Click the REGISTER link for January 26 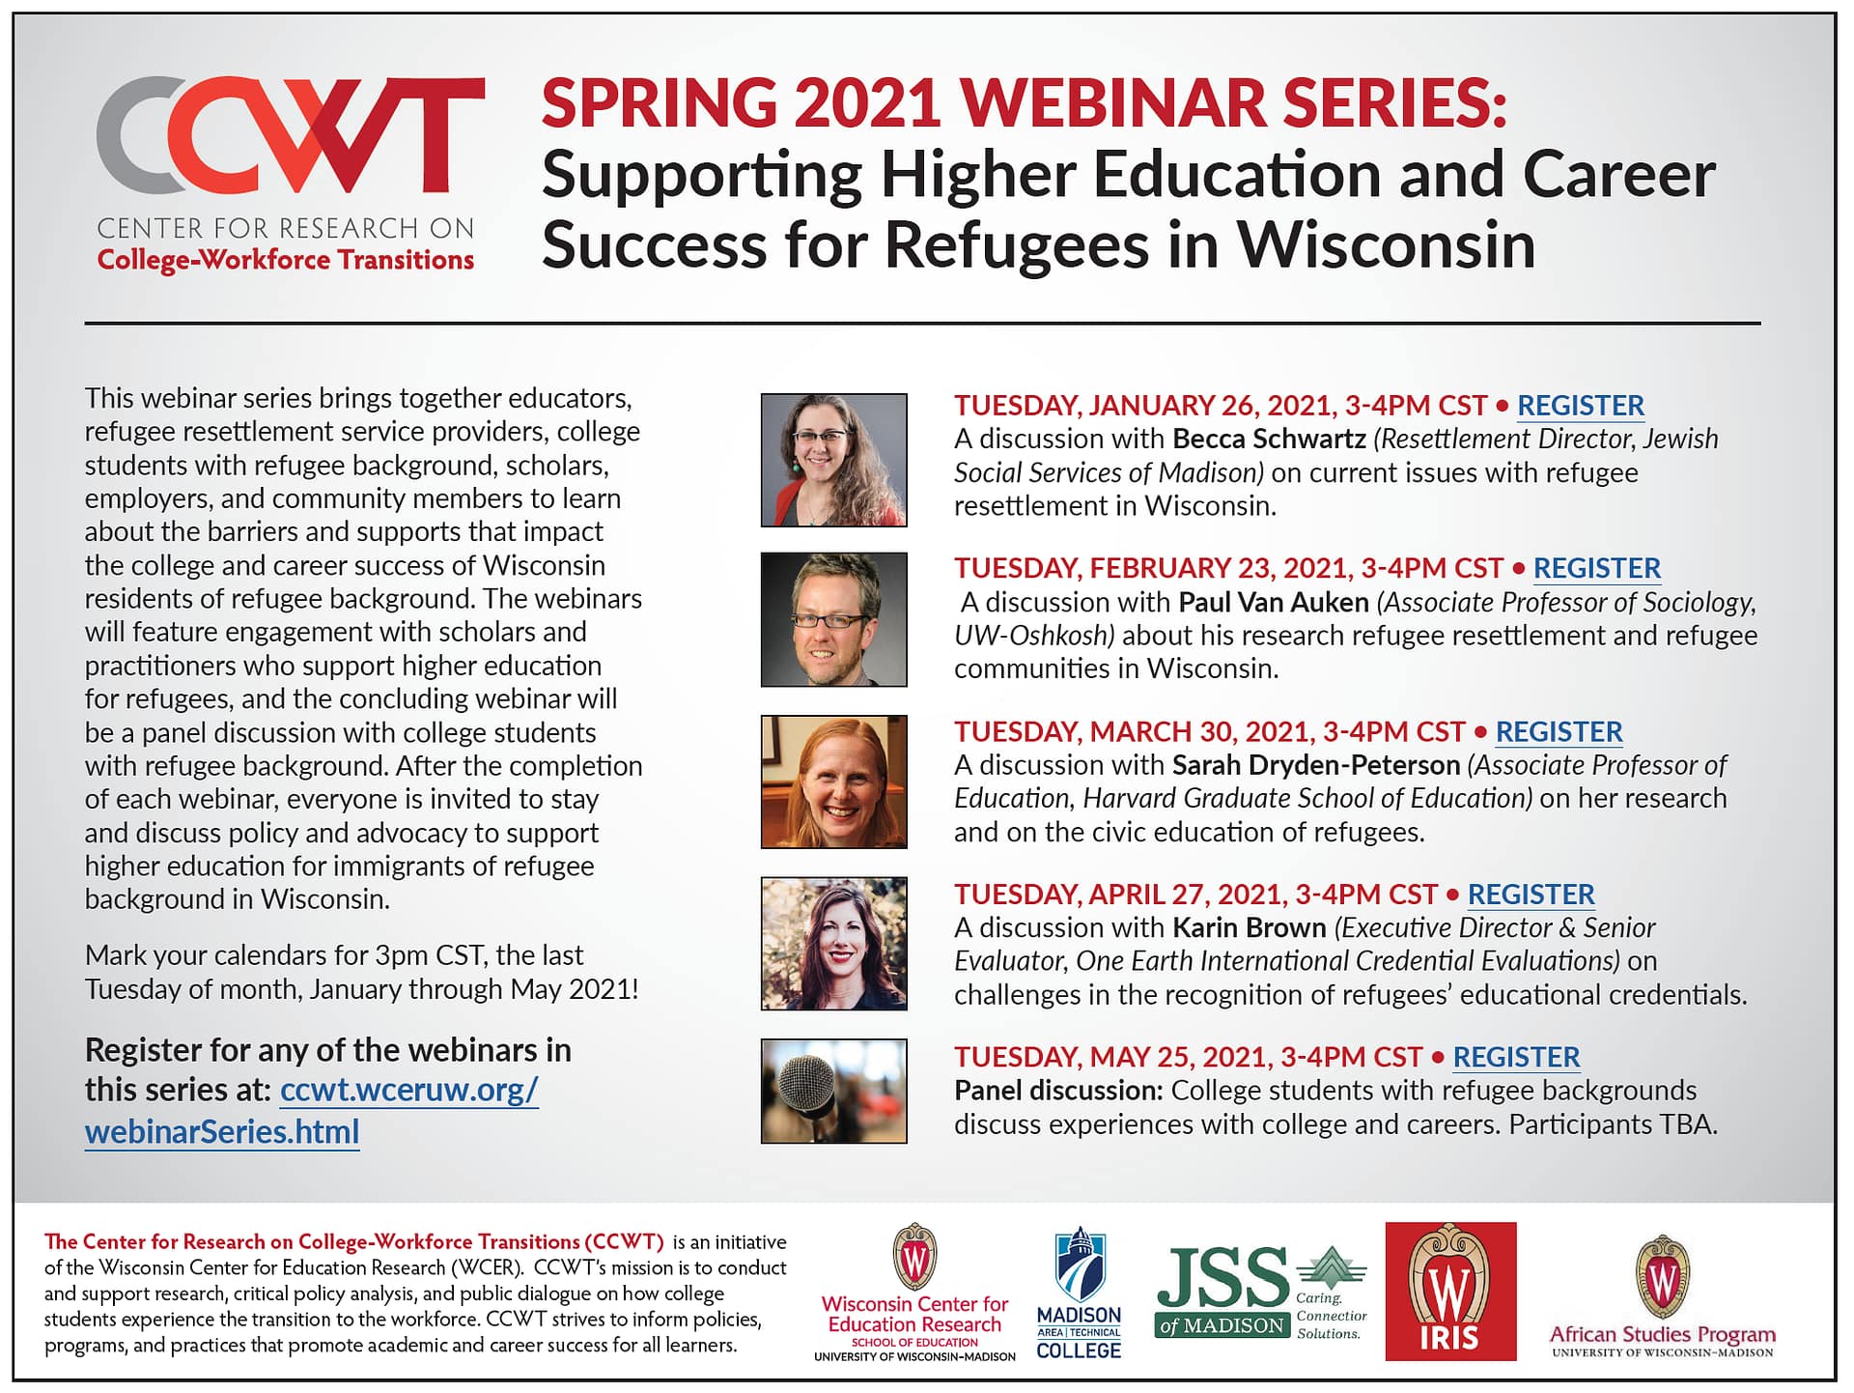(1580, 406)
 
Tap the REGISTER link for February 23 (1596, 568)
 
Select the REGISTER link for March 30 (1559, 731)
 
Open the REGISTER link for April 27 (1531, 895)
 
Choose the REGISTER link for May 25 (1516, 1057)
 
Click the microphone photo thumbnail (833, 1091)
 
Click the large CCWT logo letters (290, 135)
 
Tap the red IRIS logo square (1450, 1291)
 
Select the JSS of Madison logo (1261, 1293)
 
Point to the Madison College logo (1079, 1293)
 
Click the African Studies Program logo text (1662, 1336)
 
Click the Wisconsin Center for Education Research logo (914, 1293)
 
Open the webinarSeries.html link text (222, 1131)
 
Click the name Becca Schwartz (1269, 440)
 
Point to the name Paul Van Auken (1274, 603)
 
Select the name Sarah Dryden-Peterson (1316, 766)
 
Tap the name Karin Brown (1250, 928)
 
